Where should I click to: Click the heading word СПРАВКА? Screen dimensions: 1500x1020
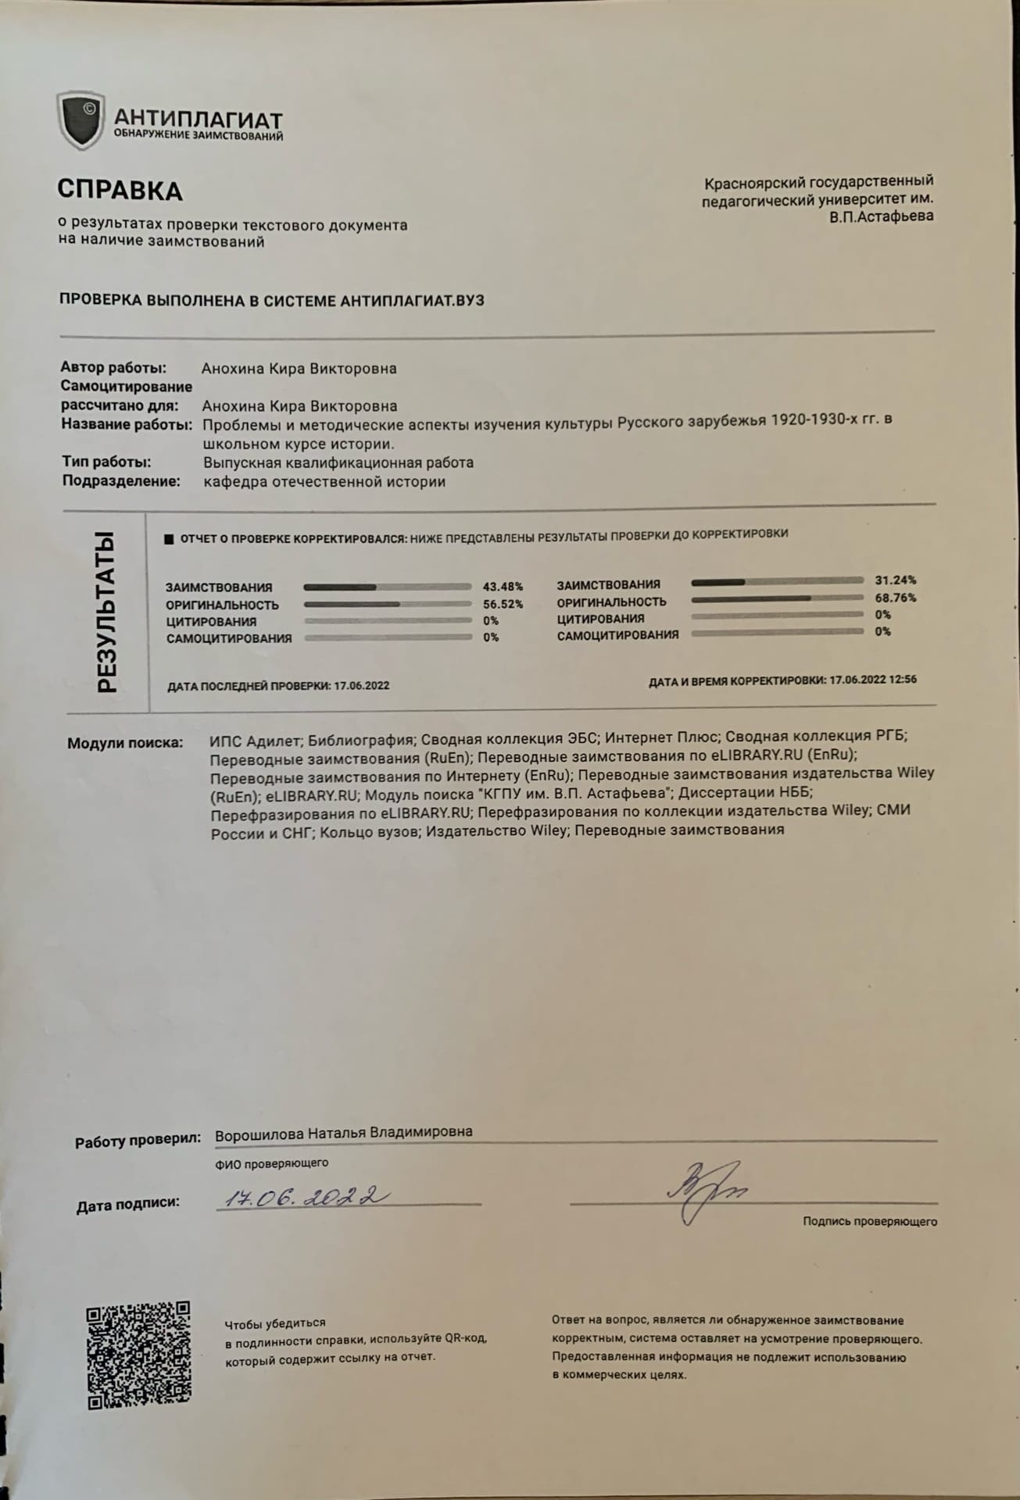click(120, 190)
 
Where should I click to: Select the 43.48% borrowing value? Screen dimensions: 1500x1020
click(503, 587)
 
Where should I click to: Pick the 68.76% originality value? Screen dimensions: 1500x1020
click(895, 598)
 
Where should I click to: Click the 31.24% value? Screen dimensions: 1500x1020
click(895, 580)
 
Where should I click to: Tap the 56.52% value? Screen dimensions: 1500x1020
click(503, 604)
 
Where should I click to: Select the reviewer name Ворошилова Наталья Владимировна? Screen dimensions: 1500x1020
click(343, 1132)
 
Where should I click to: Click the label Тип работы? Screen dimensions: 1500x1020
click(106, 462)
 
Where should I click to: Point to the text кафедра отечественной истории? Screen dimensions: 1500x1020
click(324, 481)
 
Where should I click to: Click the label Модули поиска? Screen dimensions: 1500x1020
click(125, 742)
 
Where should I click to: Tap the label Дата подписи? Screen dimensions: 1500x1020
click(127, 1204)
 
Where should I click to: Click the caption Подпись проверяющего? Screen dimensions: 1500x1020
click(869, 1221)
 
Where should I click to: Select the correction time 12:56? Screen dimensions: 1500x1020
click(903, 679)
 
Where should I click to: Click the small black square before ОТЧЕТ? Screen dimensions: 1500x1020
click(168, 539)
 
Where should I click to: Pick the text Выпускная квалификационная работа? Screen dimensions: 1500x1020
click(338, 462)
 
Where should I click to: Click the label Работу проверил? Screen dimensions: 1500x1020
click(138, 1141)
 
